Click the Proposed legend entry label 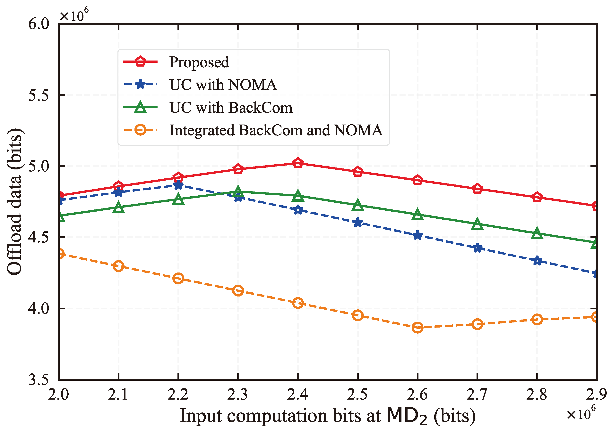[x=199, y=62]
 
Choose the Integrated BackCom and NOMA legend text [x=276, y=130]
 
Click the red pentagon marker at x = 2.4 [x=298, y=163]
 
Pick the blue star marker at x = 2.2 [x=178, y=185]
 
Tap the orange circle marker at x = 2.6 [x=417, y=328]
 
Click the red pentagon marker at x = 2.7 [x=478, y=189]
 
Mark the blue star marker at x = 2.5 [x=358, y=223]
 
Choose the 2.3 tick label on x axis [x=238, y=394]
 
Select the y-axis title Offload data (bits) [x=15, y=202]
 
